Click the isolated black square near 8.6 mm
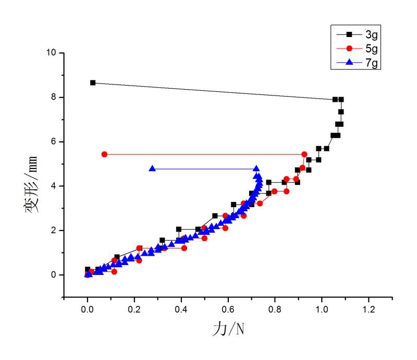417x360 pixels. point(93,82)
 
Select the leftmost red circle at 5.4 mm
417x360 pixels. point(104,154)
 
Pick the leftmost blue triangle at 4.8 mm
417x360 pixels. point(152,169)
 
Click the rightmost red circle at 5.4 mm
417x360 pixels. point(304,154)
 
